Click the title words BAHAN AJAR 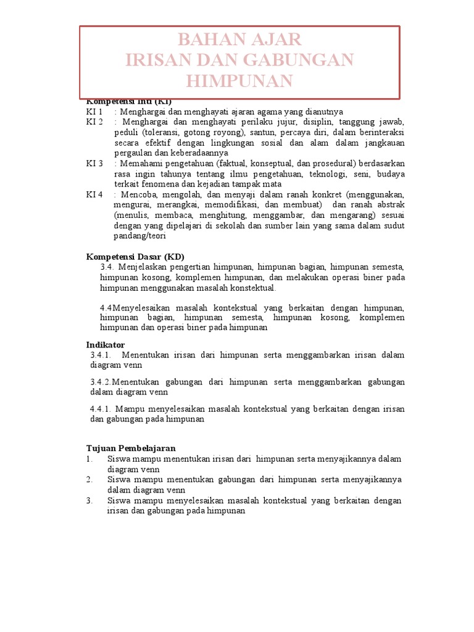(239, 40)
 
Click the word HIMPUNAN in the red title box (239, 81)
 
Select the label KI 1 (94, 112)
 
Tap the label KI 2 (94, 122)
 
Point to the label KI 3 (94, 164)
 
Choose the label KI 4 (94, 194)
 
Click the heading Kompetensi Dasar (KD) (135, 256)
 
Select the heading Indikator (105, 344)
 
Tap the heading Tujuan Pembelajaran (131, 448)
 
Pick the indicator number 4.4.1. (100, 409)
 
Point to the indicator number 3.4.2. (101, 382)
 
